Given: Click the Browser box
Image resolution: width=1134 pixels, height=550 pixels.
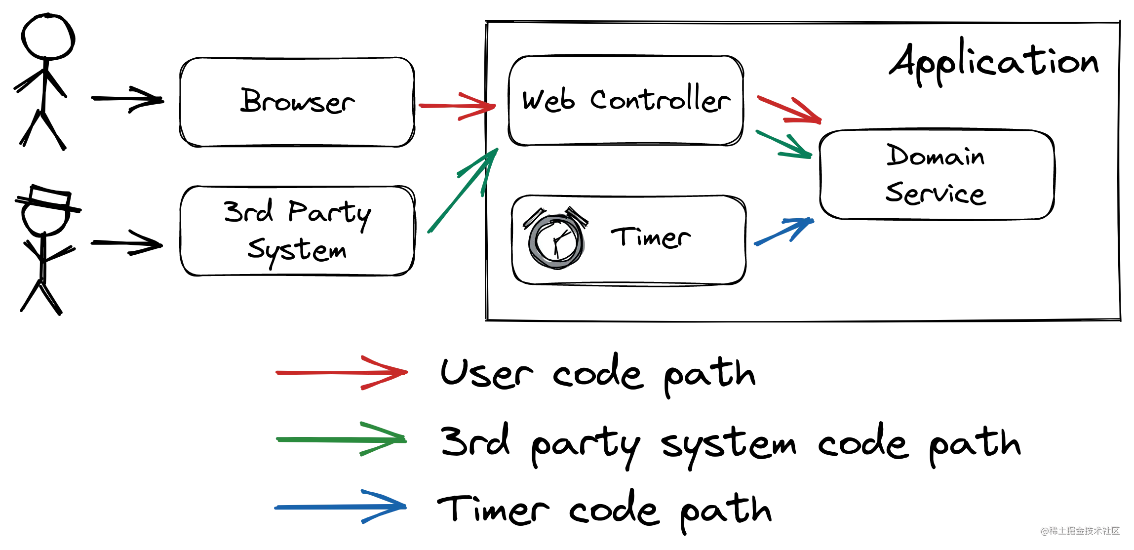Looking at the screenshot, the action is (x=297, y=102).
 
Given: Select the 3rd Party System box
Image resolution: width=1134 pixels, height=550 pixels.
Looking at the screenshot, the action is (x=297, y=231).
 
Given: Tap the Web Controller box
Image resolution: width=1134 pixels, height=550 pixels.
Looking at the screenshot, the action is (x=626, y=100).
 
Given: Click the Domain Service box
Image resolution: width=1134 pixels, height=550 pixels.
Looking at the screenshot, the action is (x=937, y=174).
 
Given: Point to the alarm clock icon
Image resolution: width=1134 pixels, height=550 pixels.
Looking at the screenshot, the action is (x=556, y=238).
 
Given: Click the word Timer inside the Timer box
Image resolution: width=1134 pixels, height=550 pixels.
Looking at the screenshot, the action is (x=651, y=237).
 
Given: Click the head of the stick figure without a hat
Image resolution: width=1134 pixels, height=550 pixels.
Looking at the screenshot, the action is (x=47, y=37).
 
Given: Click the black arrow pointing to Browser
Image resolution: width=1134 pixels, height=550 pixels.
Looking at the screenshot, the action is (x=127, y=99).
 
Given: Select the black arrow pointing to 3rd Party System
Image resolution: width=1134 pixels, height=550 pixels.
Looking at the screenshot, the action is (x=127, y=243).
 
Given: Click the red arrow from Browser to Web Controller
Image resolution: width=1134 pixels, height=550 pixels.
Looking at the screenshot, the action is (x=457, y=106).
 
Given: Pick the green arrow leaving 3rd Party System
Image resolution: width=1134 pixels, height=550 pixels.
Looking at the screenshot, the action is (x=463, y=190).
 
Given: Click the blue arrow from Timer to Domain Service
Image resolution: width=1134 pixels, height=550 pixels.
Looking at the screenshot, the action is (x=784, y=231).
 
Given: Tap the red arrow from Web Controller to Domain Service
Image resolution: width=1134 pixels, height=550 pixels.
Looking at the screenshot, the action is (x=789, y=109).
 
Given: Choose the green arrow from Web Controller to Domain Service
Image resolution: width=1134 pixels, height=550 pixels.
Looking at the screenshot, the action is (x=784, y=145).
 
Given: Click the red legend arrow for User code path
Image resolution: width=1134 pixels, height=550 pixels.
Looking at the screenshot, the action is (x=342, y=373).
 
